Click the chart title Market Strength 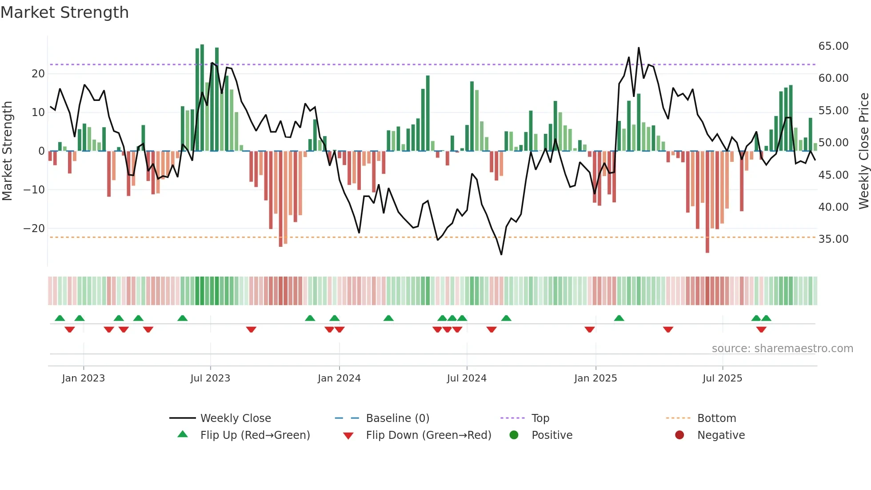[x=64, y=12]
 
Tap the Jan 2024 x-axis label [x=339, y=378]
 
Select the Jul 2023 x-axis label [x=210, y=378]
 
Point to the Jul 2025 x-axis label [x=722, y=378]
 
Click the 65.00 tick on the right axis [x=833, y=46]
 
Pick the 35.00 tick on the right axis [x=833, y=239]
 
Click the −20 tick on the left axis [x=34, y=229]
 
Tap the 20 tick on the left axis [x=38, y=74]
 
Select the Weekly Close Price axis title [x=863, y=151]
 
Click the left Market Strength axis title [x=7, y=151]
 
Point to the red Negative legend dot [x=679, y=435]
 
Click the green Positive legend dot [x=514, y=435]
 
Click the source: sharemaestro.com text [x=782, y=349]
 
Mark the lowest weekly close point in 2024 [x=501, y=255]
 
